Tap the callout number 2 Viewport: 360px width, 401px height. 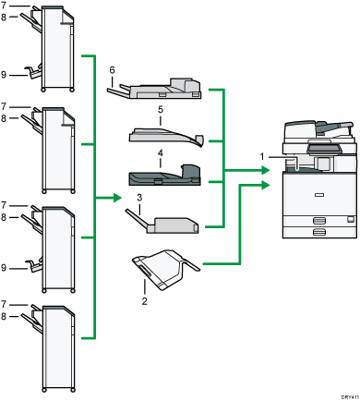point(144,300)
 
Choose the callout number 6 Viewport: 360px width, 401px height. point(112,70)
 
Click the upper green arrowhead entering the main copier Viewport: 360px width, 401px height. point(265,170)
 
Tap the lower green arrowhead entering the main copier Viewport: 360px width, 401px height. point(265,187)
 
